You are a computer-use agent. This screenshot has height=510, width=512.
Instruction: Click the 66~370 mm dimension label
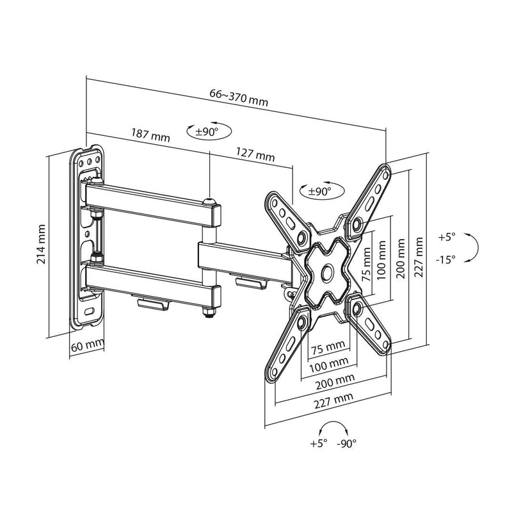click(239, 97)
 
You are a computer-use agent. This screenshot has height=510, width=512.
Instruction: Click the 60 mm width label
click(86, 345)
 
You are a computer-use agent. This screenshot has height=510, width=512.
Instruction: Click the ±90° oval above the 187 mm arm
click(206, 131)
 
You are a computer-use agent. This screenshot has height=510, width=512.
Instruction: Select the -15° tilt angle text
click(447, 259)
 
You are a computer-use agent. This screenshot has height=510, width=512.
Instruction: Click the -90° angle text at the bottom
click(346, 443)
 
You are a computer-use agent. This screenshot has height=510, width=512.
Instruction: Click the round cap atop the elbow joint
click(209, 202)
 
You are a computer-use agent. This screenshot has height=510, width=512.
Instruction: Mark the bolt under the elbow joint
click(208, 314)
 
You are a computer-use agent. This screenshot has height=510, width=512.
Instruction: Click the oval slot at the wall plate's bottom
click(88, 311)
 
